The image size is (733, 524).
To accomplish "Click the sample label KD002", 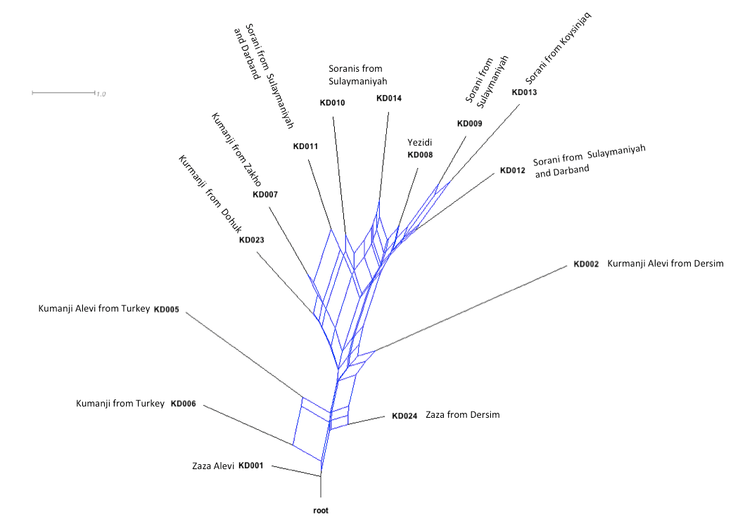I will (x=586, y=264).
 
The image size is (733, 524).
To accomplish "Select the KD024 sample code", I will (x=404, y=416).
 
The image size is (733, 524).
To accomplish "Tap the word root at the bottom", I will (x=321, y=511).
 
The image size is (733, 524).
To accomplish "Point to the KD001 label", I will (x=250, y=466).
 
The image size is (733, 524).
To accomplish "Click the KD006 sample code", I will (x=183, y=404).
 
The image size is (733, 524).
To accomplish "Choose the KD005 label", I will (x=167, y=309).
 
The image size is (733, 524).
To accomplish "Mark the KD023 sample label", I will (x=251, y=240).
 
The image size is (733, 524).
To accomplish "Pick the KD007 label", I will (x=265, y=194).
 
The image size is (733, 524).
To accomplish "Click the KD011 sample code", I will (x=305, y=147).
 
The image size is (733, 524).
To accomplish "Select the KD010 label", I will (x=332, y=103).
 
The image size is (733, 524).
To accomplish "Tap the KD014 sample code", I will (x=389, y=98).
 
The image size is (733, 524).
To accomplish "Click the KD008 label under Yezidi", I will (x=420, y=155).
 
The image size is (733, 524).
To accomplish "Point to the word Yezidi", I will (x=419, y=142).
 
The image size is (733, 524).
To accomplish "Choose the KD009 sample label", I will (x=470, y=124).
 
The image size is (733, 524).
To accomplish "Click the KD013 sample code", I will (x=524, y=92).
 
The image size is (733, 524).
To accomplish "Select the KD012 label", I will (x=512, y=170).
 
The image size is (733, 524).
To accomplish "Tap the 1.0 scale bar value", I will (x=101, y=94).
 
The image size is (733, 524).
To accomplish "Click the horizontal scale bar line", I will (x=63, y=92).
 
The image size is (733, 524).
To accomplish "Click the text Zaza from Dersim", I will (x=462, y=415).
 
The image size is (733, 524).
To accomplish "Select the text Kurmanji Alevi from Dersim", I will (x=665, y=264).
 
